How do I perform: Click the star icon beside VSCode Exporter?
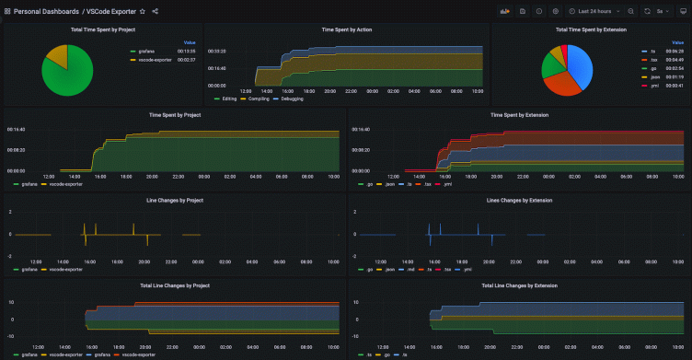142,11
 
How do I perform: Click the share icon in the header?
155,11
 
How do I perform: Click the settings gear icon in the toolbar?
555,11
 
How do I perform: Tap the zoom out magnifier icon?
630,11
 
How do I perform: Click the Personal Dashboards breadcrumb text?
47,11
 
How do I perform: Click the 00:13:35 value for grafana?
186,52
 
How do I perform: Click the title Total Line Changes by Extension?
519,286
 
